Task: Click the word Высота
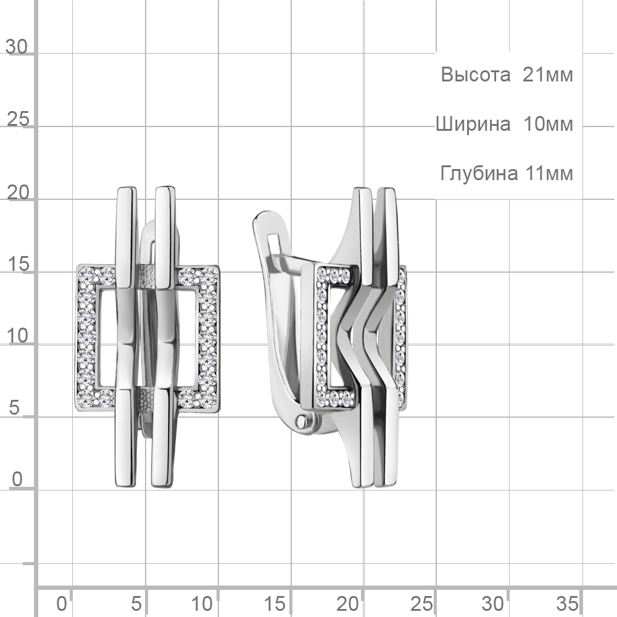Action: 475,75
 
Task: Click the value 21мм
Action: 548,75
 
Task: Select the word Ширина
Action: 473,125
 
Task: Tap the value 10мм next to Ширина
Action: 548,125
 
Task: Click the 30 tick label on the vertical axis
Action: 17,47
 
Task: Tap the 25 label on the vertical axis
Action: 18,119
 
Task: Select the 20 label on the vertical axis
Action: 18,193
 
